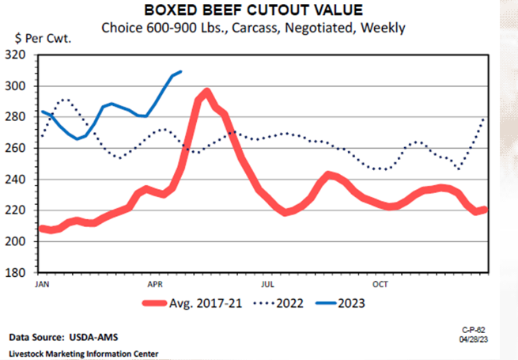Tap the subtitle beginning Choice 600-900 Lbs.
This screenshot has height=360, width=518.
tap(254, 28)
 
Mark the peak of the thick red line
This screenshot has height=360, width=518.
tap(207, 91)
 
